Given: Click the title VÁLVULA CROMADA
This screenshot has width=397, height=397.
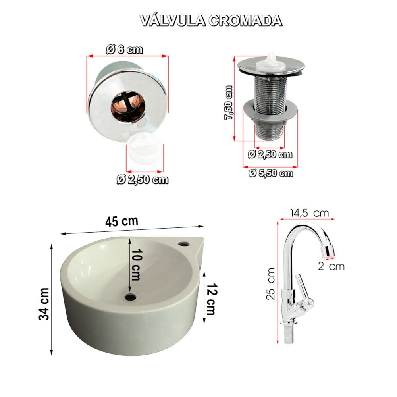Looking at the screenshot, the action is pos(211,21).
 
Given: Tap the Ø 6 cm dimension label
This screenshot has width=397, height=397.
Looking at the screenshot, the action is pos(124,49).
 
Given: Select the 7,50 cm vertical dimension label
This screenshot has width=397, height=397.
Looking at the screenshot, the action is pos(229,102).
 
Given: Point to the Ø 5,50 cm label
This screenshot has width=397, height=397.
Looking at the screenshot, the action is pos(271,173).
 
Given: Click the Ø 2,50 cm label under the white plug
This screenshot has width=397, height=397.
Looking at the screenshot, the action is pos(142,179).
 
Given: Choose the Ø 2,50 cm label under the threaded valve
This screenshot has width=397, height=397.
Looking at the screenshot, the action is pos(270,154).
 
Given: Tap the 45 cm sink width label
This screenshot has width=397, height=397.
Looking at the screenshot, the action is pos(122,221).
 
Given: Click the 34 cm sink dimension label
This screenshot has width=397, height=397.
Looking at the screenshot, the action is pos(44,304).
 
